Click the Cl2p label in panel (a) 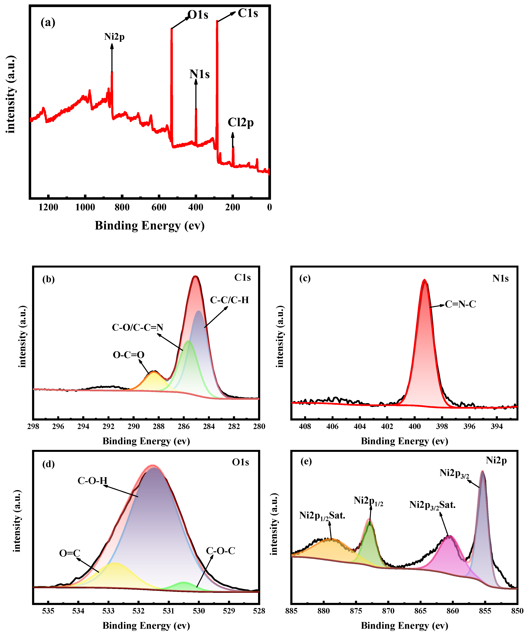[x=241, y=123]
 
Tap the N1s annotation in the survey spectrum [x=199, y=74]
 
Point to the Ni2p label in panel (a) [x=114, y=37]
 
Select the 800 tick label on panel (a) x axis [x=122, y=208]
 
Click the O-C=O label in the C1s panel [x=128, y=355]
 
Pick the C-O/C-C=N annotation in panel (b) [x=137, y=327]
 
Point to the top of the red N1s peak [x=424, y=280]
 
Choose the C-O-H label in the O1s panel [x=92, y=481]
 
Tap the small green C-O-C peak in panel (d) [x=183, y=582]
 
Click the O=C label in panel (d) [x=70, y=553]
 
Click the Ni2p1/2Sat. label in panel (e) [x=322, y=515]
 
